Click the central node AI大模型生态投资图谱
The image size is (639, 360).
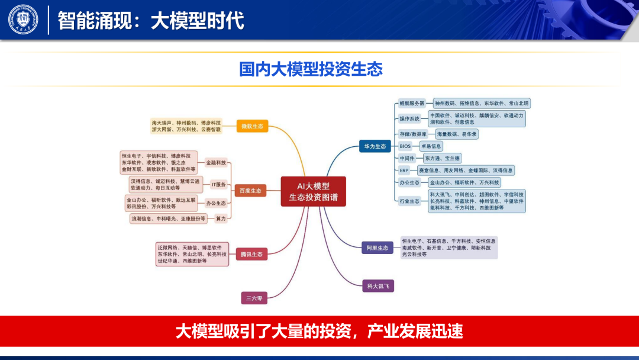[x=313, y=191]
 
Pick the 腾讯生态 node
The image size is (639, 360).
[x=251, y=255]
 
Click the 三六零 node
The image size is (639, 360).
[x=254, y=298]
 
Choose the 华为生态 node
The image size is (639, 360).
[x=375, y=146]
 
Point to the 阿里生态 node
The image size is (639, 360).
[x=377, y=247]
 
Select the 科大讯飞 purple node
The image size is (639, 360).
[x=378, y=286]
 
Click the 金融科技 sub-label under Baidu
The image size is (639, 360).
[x=216, y=162]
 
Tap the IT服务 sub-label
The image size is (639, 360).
[x=219, y=185]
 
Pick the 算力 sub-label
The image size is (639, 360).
[x=221, y=218]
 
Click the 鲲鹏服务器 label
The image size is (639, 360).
[x=412, y=103]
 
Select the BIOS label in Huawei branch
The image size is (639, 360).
[x=405, y=146]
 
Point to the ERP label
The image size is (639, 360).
[x=405, y=171]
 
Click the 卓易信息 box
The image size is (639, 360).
[x=430, y=146]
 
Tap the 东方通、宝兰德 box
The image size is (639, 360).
[x=442, y=158]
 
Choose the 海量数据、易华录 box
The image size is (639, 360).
[x=457, y=134]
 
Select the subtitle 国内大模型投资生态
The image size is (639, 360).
[x=311, y=69]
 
